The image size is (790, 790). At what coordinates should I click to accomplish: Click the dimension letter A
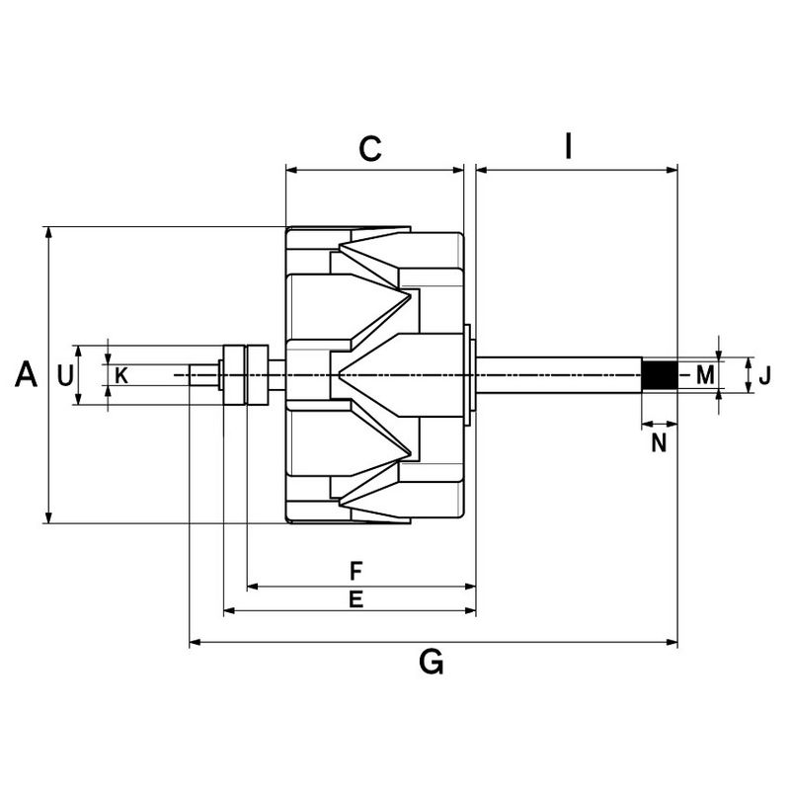click(x=27, y=374)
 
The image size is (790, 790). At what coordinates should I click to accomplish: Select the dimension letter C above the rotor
click(x=369, y=149)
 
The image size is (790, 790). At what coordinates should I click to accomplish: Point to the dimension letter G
click(x=431, y=663)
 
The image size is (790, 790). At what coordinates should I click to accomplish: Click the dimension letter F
click(x=356, y=570)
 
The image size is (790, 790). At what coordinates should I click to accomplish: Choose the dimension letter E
click(x=356, y=598)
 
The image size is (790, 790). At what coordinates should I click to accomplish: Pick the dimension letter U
click(x=65, y=375)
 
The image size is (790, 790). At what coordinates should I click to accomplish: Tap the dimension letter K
click(x=121, y=375)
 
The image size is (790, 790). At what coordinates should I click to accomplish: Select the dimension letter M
click(x=704, y=374)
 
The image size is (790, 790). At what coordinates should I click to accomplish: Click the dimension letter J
click(x=763, y=375)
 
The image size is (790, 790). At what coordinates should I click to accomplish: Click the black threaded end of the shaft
click(x=659, y=375)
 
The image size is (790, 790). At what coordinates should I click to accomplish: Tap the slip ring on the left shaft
click(x=244, y=375)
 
